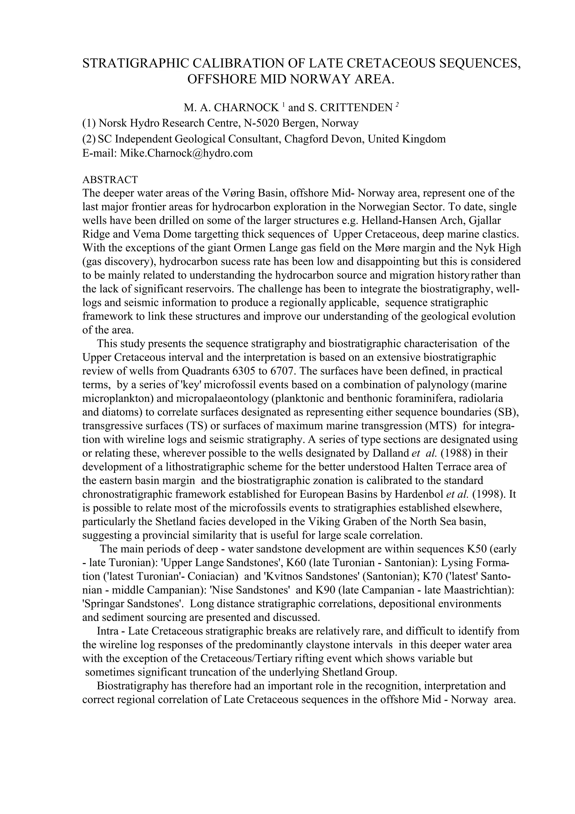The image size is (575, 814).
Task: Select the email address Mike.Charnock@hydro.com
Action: pyautogui.click(x=186, y=153)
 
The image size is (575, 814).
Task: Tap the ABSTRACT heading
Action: pyautogui.click(x=110, y=180)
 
